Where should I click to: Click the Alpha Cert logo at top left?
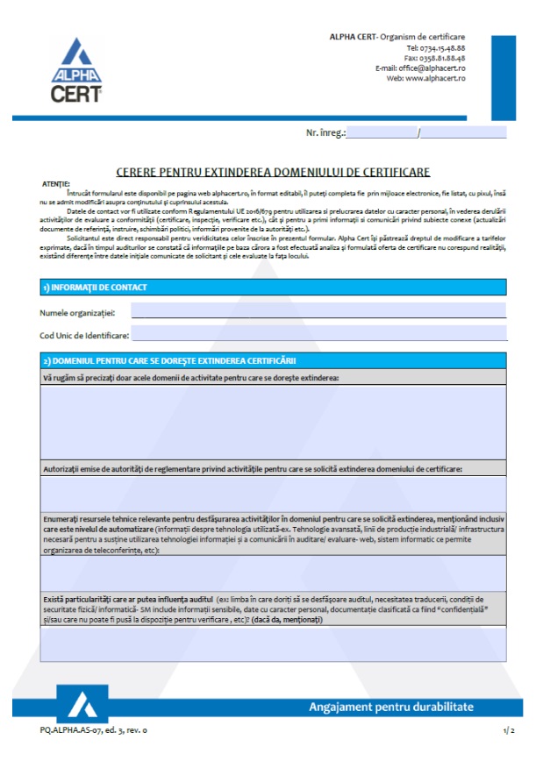click(75, 71)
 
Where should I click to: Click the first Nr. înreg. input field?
click(382, 133)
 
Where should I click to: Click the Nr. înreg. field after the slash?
click(464, 133)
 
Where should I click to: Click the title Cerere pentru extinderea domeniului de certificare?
click(272, 173)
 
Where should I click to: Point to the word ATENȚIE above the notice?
click(54, 183)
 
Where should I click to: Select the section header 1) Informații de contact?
click(97, 287)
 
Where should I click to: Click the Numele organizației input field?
click(318, 311)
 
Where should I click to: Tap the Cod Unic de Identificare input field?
click(318, 334)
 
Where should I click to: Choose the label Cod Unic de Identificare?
click(84, 335)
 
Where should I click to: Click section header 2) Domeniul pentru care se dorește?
click(171, 360)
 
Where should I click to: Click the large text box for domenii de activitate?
click(272, 422)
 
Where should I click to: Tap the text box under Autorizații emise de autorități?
click(272, 493)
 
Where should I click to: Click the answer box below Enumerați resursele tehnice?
click(272, 573)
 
